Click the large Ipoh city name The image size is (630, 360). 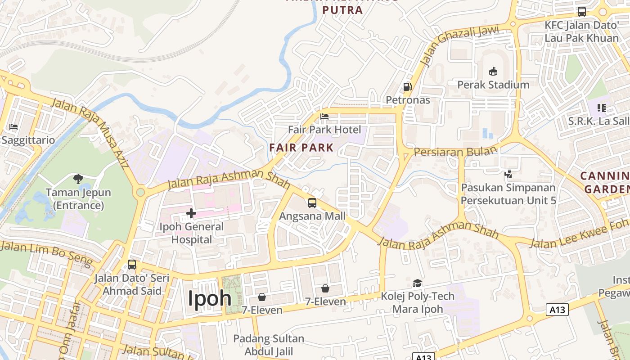point(209,298)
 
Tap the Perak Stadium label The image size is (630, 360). point(493,85)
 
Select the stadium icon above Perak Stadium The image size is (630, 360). point(493,71)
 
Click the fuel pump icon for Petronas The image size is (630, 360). point(407,86)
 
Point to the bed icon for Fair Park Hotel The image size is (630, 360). point(324,117)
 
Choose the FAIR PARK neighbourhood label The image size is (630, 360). point(301,147)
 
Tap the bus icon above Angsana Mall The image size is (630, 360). point(312,202)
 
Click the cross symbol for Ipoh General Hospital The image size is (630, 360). point(191,213)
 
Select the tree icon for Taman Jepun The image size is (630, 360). point(78,179)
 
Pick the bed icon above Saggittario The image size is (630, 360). point(13,127)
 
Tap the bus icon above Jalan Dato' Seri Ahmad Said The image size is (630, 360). point(132,265)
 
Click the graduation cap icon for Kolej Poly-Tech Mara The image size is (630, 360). point(418,283)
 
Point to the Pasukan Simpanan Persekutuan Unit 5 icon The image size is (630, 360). point(508,174)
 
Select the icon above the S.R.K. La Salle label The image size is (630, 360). point(602,108)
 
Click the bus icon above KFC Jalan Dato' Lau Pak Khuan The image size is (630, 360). point(581,12)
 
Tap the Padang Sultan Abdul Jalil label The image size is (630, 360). point(269,345)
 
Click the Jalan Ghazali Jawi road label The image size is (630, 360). point(460,45)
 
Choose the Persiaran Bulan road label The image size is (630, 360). point(455,152)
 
